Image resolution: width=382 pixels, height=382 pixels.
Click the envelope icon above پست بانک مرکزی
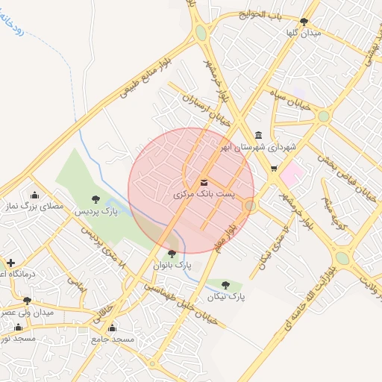204,182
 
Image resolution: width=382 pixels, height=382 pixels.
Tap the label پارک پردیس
96,212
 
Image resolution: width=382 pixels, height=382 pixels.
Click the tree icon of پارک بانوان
172,254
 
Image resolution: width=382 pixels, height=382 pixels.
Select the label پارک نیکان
228,296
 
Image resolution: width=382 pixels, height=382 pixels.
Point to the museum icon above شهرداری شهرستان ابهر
258,135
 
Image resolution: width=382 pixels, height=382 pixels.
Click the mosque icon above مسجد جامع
113,328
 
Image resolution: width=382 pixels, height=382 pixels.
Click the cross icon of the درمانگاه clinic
10,263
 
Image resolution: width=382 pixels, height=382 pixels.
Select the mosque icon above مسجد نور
18,327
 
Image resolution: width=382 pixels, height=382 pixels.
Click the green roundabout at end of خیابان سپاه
323,116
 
